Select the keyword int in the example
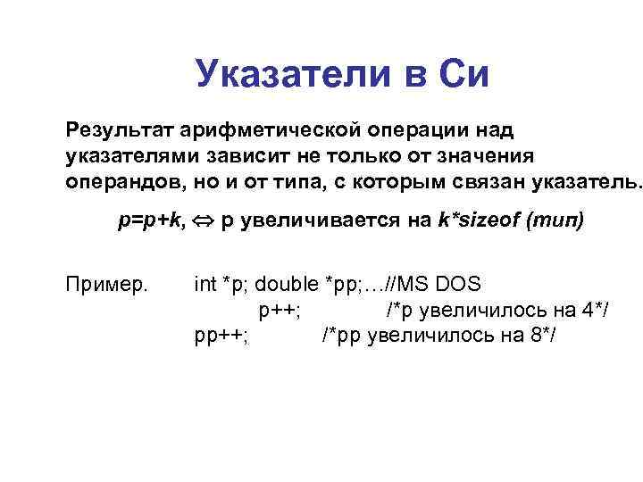coord(205,285)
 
